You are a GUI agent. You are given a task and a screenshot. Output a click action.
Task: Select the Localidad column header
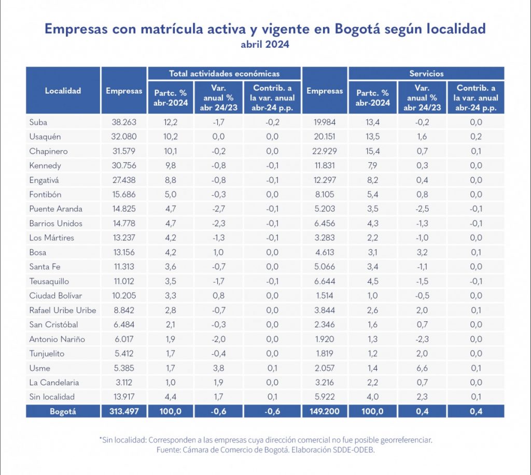63,91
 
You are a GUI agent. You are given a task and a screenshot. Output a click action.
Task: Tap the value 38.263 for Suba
123,122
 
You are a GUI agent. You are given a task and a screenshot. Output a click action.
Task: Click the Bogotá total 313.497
123,411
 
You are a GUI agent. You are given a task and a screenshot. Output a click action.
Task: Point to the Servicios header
426,74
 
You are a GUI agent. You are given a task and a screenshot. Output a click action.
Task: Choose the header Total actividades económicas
224,74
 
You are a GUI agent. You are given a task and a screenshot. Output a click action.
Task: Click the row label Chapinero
48,151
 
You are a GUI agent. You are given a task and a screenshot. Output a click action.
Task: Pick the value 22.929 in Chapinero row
325,151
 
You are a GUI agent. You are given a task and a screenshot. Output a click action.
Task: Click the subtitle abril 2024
265,45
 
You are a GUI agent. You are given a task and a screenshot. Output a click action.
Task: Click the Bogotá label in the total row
63,411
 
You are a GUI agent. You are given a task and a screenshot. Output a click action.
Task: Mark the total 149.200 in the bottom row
325,411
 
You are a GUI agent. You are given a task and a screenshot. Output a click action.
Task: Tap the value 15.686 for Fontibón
123,194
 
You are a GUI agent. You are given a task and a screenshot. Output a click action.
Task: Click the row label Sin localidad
52,397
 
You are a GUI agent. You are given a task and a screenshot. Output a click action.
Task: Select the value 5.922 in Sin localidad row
325,397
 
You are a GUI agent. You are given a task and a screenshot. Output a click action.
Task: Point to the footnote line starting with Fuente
265,450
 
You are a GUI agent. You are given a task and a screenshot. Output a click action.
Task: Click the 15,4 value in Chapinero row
372,151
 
